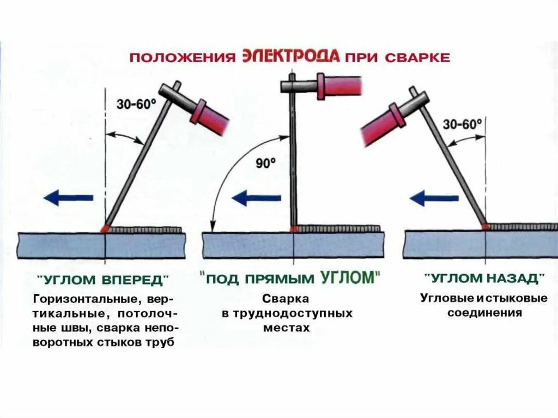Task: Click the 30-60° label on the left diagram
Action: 136,104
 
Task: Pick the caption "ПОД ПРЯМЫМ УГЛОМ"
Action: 290,278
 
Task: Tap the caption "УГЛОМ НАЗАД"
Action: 486,278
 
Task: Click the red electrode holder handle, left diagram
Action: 210,115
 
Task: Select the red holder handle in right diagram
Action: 384,124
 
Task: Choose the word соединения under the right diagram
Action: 485,313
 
